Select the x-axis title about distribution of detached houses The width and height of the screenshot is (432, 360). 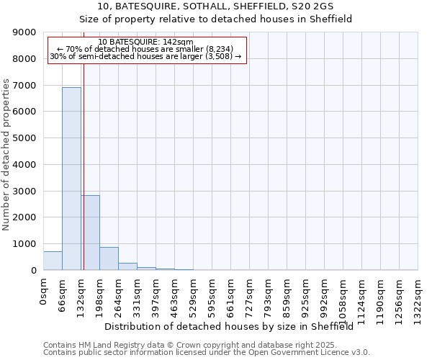point(234,326)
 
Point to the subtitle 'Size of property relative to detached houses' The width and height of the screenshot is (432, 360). point(215,19)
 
